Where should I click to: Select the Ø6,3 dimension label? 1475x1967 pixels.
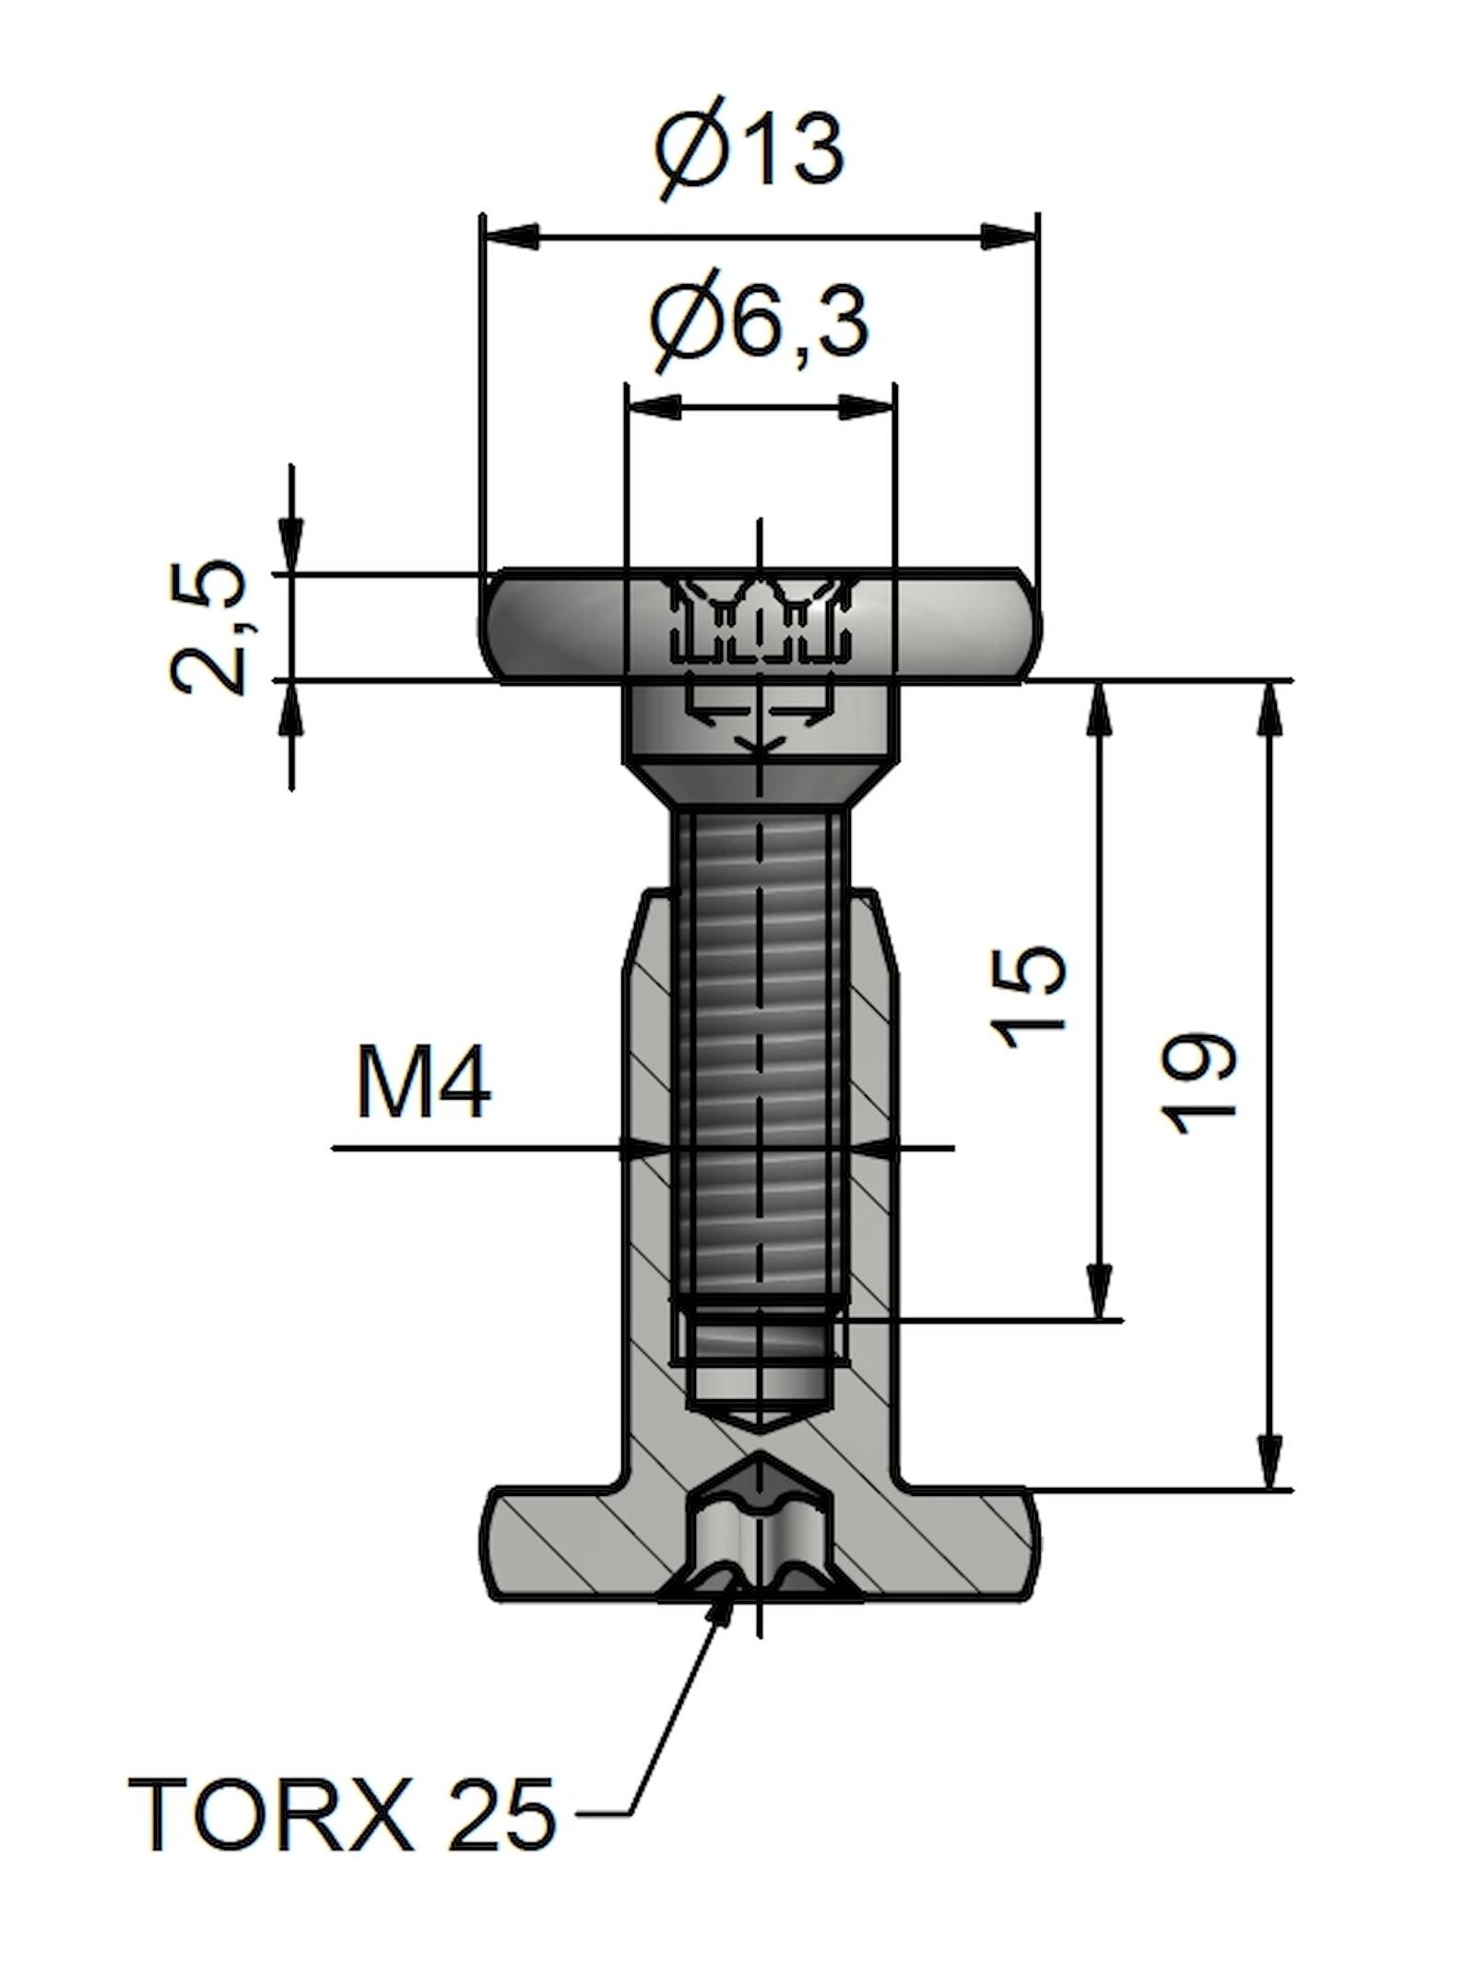point(758,323)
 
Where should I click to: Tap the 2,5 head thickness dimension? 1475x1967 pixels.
point(209,627)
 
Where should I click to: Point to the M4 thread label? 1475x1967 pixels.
point(423,1085)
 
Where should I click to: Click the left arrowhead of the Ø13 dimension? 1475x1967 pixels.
point(510,236)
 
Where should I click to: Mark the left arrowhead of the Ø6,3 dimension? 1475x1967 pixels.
point(653,406)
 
